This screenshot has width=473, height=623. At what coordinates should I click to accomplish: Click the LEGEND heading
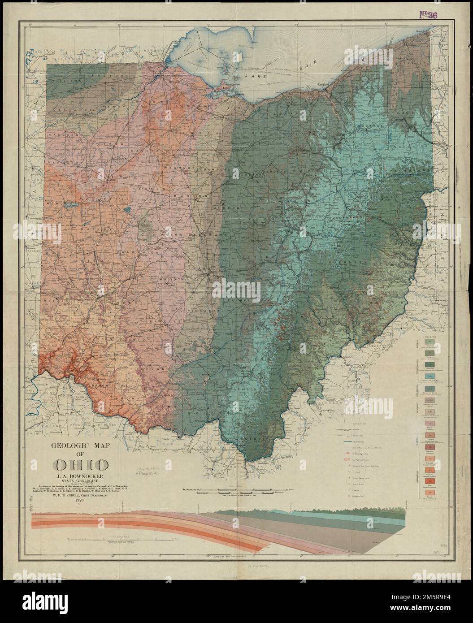[430, 336]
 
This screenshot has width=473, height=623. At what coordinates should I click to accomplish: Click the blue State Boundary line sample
[355, 442]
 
